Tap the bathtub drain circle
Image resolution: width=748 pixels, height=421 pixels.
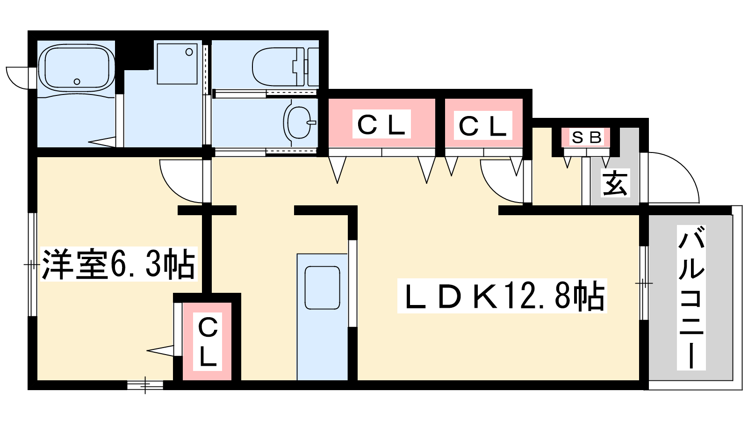point(77,81)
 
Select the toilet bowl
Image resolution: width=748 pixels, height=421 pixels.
point(278,67)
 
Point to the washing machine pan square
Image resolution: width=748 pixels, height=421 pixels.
point(177,64)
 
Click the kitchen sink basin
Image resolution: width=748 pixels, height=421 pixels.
point(322,288)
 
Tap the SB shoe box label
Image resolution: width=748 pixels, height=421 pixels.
point(586,138)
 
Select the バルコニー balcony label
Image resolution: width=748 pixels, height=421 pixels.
point(691,297)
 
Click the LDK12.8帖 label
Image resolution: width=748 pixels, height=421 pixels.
point(502,296)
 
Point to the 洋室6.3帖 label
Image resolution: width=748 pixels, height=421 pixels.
point(119,264)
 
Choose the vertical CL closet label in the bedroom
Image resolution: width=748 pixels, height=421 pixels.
point(208,341)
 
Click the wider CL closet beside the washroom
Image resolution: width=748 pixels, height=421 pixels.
point(381,124)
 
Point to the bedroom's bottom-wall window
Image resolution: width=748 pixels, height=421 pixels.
point(145,385)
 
